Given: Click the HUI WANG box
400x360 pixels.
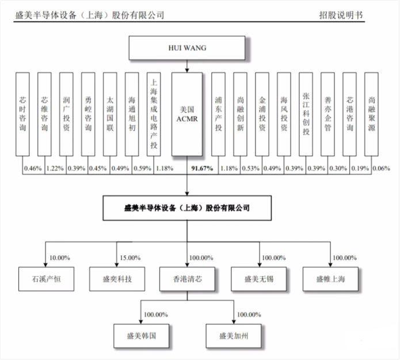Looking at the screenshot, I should [x=187, y=48].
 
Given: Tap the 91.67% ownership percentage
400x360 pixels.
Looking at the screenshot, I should [x=201, y=168].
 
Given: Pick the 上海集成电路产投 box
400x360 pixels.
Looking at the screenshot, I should [x=153, y=114].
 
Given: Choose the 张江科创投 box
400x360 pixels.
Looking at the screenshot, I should [x=305, y=114].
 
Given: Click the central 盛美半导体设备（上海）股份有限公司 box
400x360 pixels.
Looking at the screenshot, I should [x=187, y=207].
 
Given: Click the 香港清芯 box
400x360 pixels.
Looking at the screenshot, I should [x=187, y=279].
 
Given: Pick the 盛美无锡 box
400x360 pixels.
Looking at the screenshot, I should [x=259, y=279].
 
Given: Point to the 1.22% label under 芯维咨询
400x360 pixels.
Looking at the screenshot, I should [x=54, y=168].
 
